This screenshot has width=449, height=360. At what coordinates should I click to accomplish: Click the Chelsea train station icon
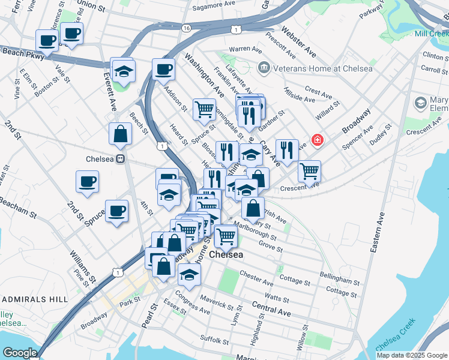point(121,159)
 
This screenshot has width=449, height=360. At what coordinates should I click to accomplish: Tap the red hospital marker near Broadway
point(316,141)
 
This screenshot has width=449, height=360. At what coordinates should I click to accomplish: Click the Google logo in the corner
point(20,353)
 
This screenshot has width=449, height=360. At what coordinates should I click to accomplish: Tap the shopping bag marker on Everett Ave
point(120,134)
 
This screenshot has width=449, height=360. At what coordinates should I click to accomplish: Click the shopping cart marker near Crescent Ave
point(309,171)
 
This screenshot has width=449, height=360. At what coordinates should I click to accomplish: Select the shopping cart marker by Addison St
point(204,109)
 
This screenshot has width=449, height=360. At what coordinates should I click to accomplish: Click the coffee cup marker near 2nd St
point(87,181)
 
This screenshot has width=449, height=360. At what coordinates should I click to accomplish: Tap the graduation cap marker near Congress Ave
point(189,274)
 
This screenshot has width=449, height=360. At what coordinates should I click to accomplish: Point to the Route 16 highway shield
point(187,28)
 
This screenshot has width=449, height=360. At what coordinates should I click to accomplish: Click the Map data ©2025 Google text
point(411,355)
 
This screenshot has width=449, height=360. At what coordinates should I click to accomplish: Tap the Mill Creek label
point(431,34)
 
